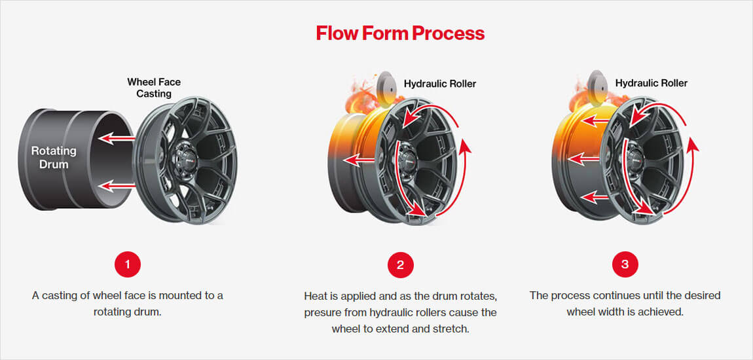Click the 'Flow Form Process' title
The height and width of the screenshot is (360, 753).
[x=400, y=33]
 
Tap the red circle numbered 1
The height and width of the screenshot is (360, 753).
[x=127, y=264]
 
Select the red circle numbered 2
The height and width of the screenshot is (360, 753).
[x=400, y=264]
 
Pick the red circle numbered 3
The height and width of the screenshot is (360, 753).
[x=625, y=264]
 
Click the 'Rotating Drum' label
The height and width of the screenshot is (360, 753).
[x=54, y=158]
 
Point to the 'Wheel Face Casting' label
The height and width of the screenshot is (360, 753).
[x=154, y=88]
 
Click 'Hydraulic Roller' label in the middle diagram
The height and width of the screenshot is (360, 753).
[x=440, y=84]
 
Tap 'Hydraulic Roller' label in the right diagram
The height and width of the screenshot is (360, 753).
[x=652, y=83]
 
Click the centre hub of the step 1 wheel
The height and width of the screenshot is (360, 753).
[x=185, y=159]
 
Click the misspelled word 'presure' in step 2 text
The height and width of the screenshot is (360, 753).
[x=321, y=313]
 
